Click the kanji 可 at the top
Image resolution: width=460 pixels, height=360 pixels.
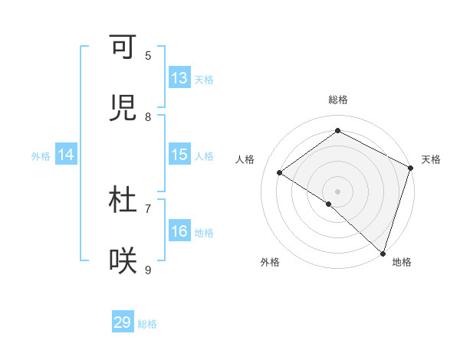pos(123,47)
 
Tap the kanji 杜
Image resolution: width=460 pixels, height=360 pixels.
pos(123,200)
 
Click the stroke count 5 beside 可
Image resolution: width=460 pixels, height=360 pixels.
pos(148,55)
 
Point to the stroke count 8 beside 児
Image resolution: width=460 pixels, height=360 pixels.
pos(148,116)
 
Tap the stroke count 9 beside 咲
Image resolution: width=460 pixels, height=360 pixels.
pos(148,269)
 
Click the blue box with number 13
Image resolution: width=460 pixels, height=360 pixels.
pos(179,78)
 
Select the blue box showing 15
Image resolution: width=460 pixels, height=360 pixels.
pos(179,155)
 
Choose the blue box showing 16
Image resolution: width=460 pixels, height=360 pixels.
pos(179,231)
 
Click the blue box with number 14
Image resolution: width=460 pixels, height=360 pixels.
pos(66,155)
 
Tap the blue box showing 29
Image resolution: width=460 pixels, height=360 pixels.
pos(123,322)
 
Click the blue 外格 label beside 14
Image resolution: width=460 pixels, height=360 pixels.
pos(41,155)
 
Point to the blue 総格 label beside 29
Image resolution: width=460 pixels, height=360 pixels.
pos(147,324)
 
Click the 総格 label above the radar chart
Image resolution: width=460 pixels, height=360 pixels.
pos(337,100)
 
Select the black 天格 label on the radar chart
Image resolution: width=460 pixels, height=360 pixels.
pos(431,159)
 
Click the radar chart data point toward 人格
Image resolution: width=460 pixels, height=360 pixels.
pos(280,172)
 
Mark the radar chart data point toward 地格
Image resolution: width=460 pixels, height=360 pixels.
pos(383,254)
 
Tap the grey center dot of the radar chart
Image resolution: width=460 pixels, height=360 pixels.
pos(337,191)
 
